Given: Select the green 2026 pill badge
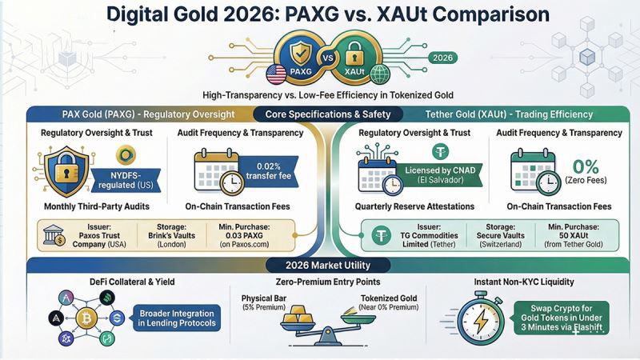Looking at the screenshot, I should [x=442, y=58].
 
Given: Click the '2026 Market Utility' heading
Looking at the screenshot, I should [x=319, y=266].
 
